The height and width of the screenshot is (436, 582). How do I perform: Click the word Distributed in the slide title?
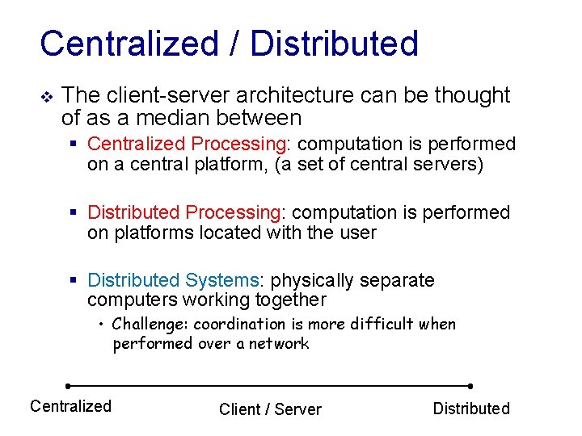point(334,44)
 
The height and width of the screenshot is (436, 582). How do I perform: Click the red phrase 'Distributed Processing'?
point(183,212)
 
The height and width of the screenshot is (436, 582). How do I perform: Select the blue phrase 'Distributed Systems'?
point(173,280)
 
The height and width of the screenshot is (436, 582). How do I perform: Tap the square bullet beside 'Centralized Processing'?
point(74,145)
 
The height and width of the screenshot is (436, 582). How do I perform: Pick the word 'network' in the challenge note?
point(279,344)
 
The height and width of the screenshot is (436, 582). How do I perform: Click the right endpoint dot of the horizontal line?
point(470,386)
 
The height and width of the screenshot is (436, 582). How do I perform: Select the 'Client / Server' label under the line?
point(270,409)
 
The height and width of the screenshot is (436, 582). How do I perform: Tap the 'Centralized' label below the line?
point(70,406)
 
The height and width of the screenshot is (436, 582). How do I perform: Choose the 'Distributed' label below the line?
point(471,409)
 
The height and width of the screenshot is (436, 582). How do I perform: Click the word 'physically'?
point(312,280)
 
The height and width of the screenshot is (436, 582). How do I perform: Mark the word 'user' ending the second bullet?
point(359,233)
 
